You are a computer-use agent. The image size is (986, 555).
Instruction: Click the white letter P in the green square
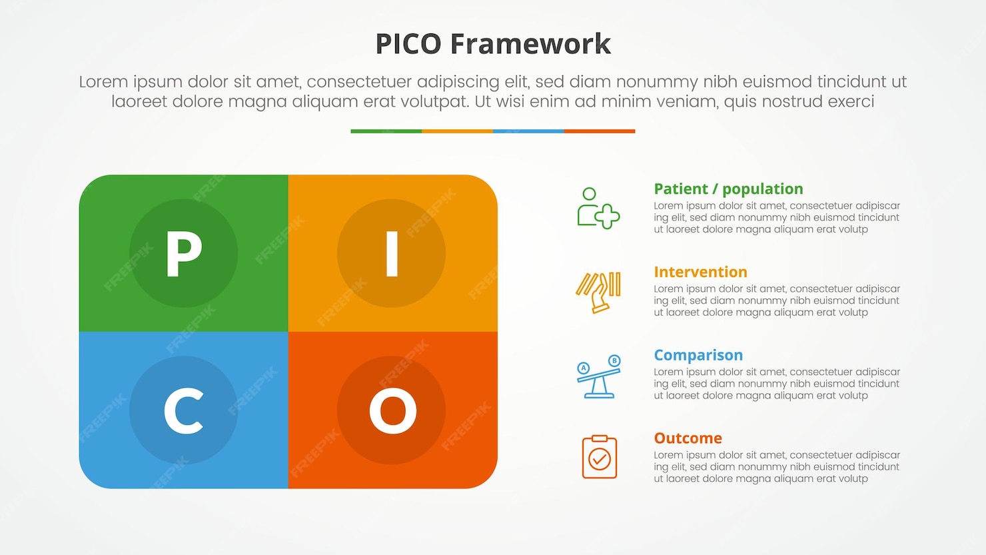coord(183,253)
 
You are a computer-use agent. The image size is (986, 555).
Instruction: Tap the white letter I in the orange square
coord(392,253)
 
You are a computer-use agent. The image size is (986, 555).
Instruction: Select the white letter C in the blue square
coord(183,410)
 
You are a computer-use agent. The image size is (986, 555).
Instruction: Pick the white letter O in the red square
coord(392,410)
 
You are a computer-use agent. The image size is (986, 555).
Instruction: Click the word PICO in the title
coord(408,44)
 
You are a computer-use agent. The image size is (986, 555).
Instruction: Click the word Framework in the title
coord(530,44)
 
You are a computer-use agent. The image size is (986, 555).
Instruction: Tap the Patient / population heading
coord(728,189)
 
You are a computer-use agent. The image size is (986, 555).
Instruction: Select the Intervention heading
coord(700,272)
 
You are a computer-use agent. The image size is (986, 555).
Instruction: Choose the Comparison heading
coord(698,355)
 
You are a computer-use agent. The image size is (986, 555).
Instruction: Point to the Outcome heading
coord(688,438)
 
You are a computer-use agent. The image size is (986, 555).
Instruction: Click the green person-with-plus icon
coord(598,209)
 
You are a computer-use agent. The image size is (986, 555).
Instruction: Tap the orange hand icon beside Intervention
coord(598,292)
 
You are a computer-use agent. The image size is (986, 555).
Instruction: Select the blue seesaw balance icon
coord(598,376)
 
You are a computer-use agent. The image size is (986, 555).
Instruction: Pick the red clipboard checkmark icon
coord(599,457)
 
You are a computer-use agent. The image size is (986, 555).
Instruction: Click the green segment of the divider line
coord(386,131)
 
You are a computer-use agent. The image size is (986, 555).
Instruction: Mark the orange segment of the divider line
coord(457,131)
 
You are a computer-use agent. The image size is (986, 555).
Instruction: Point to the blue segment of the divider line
coord(528,131)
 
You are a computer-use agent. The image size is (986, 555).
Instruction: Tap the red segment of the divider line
coord(600,131)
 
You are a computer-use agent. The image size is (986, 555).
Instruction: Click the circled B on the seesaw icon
coord(614,360)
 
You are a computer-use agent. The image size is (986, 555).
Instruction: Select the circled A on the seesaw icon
coord(584,368)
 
